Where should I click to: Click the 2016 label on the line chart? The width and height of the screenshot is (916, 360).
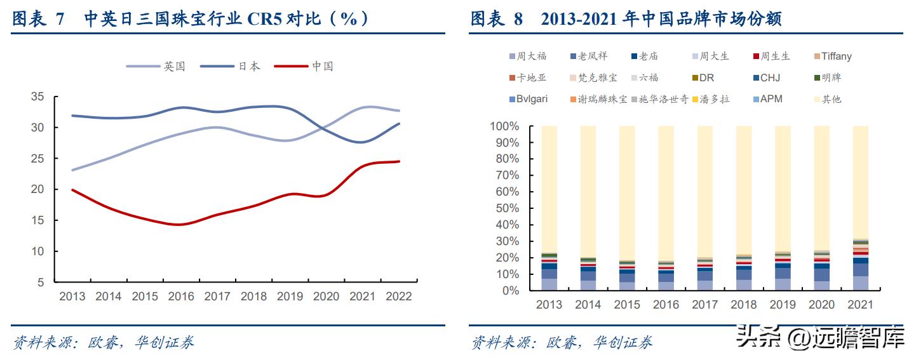tap(181, 296)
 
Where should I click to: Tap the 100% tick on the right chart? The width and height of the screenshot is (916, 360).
tap(506, 126)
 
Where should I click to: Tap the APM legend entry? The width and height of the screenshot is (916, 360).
tap(770, 99)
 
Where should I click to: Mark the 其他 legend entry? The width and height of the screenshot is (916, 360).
tap(831, 99)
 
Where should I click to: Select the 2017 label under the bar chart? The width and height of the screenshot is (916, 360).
tap(704, 305)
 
